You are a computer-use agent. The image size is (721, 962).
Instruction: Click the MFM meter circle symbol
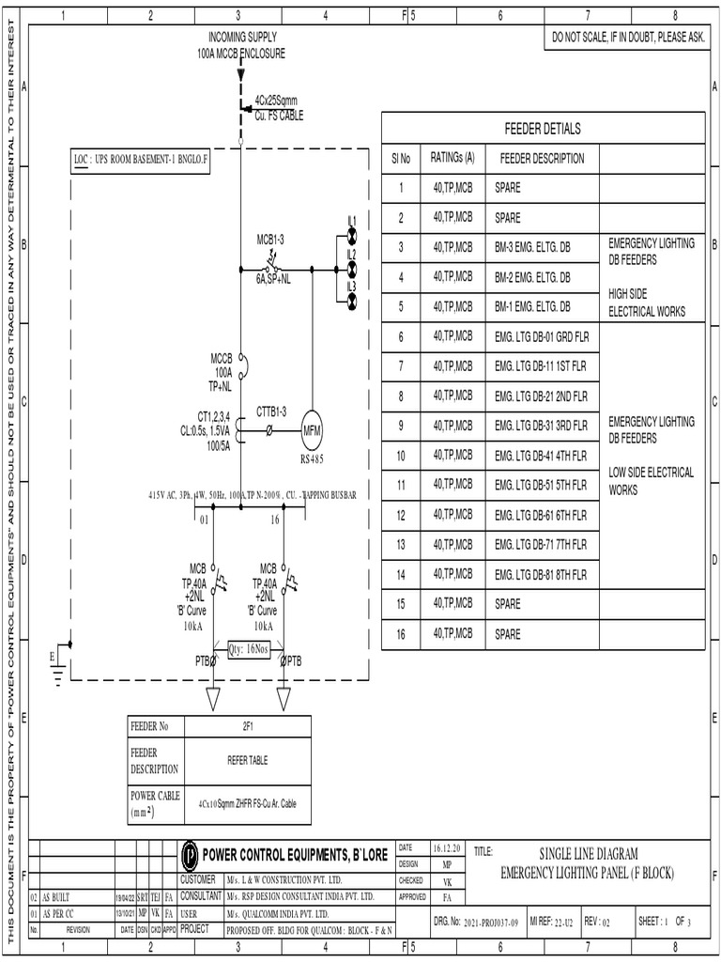[x=312, y=431]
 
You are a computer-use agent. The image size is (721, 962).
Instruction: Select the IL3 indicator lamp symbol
[x=352, y=301]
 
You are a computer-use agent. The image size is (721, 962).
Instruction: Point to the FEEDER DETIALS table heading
[x=543, y=129]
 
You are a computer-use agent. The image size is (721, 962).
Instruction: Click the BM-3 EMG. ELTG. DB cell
[x=532, y=248]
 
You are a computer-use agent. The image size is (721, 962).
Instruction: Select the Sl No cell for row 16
[x=401, y=634]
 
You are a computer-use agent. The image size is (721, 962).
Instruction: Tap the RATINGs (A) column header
[x=453, y=158]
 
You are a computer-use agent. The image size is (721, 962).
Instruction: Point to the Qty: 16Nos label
[x=249, y=648]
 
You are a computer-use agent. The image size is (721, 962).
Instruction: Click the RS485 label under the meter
[x=312, y=459]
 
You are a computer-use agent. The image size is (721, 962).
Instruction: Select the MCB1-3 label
[x=270, y=240]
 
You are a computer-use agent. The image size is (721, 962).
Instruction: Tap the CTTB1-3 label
[x=271, y=411]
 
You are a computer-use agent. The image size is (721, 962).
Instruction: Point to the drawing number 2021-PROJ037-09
[x=491, y=923]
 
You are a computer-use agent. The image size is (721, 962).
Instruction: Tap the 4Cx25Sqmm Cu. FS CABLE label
[x=279, y=107]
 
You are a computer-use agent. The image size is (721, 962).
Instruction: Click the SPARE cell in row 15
[x=508, y=604]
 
